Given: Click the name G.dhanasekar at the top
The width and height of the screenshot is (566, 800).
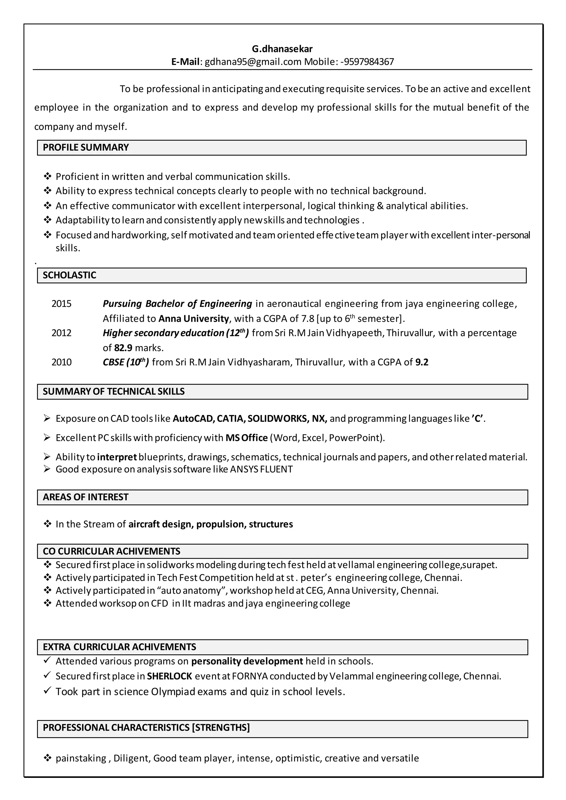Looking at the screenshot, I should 282,49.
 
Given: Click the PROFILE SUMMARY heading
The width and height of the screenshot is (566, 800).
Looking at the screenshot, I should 86,147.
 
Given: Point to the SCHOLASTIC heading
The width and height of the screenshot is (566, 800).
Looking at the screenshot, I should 69,275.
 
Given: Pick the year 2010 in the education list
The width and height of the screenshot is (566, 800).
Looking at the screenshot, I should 61,362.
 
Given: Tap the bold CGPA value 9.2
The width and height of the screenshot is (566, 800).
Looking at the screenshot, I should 422,362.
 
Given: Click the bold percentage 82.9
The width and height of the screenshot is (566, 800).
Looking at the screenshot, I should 123,348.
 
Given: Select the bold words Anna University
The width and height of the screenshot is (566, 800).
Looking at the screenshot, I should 193,319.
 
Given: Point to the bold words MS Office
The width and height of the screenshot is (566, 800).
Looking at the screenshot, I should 247,438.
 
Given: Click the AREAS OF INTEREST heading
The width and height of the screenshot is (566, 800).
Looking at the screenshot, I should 86,497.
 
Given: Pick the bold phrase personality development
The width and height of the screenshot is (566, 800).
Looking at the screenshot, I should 247,661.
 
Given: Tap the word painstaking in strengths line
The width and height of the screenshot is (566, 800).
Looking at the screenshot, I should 81,759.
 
